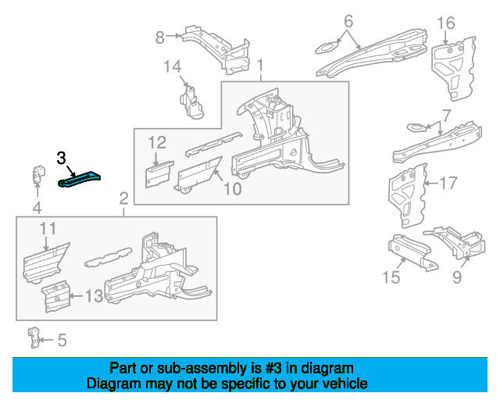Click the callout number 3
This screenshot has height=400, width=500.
[x=61, y=158]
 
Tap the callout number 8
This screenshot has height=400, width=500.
[x=159, y=36]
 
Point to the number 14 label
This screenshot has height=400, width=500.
[x=172, y=67]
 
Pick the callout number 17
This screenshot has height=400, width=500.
[x=448, y=184]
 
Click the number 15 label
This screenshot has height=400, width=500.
[x=391, y=277]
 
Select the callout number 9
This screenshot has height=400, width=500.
[x=457, y=277]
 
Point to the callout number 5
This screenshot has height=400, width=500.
[x=62, y=340]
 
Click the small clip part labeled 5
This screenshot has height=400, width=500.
[x=34, y=337]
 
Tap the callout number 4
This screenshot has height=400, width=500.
[x=36, y=207]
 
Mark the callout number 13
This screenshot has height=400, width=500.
[x=94, y=295]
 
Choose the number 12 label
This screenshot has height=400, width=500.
[x=157, y=142]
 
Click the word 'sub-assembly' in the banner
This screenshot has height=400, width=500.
[x=180, y=368]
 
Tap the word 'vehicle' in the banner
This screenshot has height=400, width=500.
[x=342, y=384]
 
